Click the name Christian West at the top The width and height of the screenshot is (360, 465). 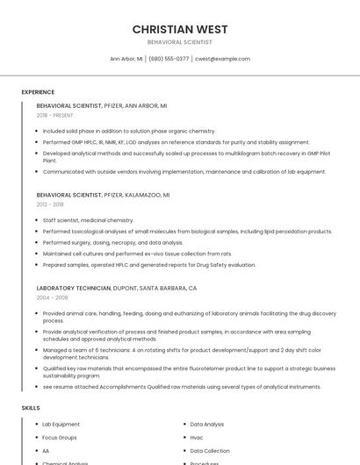[x=180, y=29]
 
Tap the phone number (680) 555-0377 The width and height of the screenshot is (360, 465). [x=169, y=59]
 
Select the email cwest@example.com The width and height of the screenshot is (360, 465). [x=222, y=59]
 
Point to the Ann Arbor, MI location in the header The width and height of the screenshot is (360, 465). [x=126, y=59]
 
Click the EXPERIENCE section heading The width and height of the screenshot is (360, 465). [x=38, y=92]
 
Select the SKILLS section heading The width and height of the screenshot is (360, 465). [x=31, y=408]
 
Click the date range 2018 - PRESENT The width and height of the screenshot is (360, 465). [x=55, y=115]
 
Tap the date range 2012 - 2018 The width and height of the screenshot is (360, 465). [x=50, y=204]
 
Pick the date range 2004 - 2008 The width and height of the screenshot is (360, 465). [x=52, y=297]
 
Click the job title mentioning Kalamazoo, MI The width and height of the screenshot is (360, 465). [x=104, y=195]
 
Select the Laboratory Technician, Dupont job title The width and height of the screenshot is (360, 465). [x=117, y=288]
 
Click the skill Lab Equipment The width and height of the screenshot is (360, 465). [x=61, y=425]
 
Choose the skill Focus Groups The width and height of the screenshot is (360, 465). [x=60, y=437]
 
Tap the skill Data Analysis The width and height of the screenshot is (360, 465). [x=207, y=425]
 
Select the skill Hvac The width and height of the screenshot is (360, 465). [x=197, y=437]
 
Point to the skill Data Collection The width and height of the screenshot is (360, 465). [x=210, y=451]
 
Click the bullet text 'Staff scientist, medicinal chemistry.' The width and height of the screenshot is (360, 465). [x=88, y=220]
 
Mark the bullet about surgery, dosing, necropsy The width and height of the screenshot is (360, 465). [x=112, y=242]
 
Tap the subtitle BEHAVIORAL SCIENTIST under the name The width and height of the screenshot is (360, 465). [x=180, y=42]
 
